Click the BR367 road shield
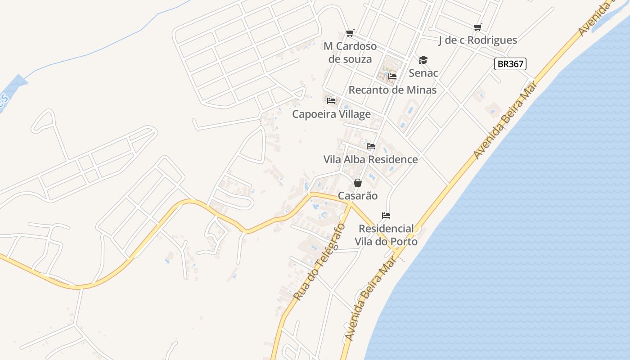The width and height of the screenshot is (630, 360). click(510, 64)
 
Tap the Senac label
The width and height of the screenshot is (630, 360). click(423, 72)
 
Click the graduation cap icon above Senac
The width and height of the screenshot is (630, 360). click(423, 60)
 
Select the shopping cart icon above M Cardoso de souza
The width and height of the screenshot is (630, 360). click(350, 33)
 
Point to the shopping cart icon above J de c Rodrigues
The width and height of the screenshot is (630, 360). click(477, 27)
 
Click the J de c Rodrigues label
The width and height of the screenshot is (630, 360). click(477, 40)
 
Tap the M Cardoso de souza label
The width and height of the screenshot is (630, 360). click(350, 53)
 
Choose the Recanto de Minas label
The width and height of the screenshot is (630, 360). click(392, 90)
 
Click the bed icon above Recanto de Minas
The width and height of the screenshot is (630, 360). click(392, 76)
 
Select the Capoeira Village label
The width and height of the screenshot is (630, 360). click(332, 114)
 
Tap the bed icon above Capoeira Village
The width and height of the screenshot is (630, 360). click(332, 100)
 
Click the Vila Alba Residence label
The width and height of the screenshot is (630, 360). click(370, 159)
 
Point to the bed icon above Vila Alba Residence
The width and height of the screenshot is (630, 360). click(371, 146)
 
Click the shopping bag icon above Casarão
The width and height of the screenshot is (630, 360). click(358, 183)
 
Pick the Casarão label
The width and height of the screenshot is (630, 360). click(358, 196)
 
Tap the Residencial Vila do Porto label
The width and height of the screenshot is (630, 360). click(386, 235)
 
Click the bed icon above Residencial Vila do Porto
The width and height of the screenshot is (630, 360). click(386, 216)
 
